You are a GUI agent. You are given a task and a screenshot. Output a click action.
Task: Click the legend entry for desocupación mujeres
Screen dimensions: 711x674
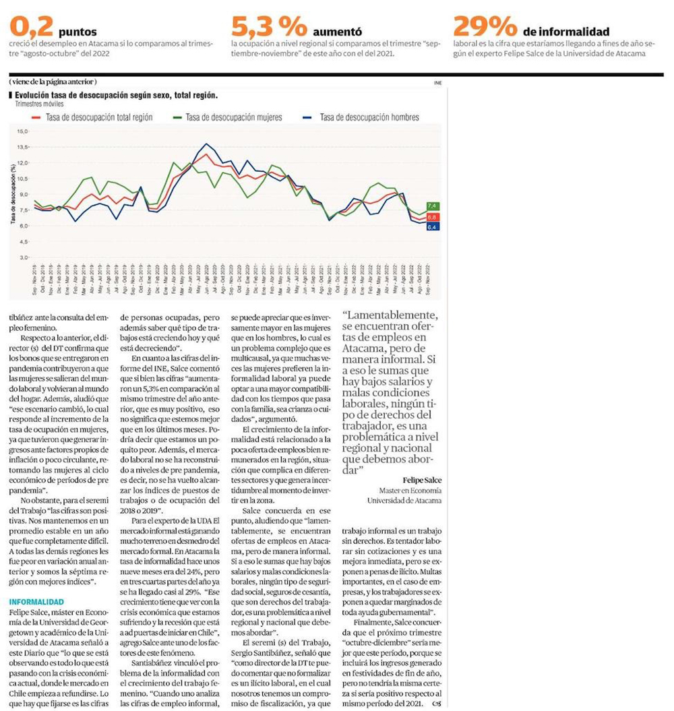227,117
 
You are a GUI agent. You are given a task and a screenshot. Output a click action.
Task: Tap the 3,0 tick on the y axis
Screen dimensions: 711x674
24,257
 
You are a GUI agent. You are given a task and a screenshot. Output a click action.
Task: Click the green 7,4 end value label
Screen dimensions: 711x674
432,206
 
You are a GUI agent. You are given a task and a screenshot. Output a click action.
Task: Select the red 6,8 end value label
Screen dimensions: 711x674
432,217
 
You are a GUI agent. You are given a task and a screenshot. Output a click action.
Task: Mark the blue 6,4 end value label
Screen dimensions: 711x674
432,227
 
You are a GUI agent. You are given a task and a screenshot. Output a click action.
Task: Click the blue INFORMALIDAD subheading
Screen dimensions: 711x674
37,601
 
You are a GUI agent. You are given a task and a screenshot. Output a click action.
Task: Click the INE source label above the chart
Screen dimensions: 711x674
437,82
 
